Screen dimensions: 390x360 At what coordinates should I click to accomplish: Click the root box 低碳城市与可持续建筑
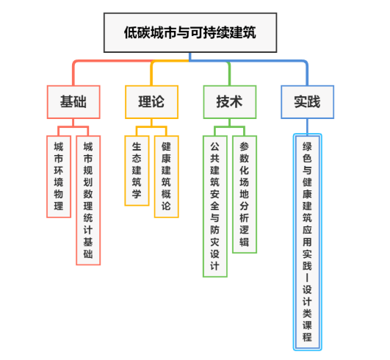[x=190, y=32]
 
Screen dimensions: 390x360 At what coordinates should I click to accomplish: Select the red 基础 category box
[x=73, y=102]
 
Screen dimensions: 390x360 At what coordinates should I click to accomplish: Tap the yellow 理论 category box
[x=152, y=102]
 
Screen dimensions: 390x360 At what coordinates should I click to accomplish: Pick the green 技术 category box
[x=230, y=102]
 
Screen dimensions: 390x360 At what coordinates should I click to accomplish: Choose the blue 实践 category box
[x=308, y=102]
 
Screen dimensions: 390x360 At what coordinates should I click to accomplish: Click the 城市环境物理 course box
[x=59, y=176]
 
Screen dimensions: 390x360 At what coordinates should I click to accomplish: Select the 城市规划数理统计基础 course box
[x=88, y=201]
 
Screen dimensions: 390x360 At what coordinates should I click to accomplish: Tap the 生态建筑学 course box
[x=137, y=170]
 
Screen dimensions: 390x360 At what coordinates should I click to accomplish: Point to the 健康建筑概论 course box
[x=167, y=176]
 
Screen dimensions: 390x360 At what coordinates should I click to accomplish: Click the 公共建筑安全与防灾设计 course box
[x=215, y=206]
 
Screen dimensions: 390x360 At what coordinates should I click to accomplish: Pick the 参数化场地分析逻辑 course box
[x=245, y=194]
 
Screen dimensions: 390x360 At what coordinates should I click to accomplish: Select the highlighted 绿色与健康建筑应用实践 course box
[x=308, y=242]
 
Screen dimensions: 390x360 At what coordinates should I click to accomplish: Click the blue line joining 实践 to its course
[x=308, y=126]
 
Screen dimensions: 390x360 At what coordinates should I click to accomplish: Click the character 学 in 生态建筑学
[x=137, y=194]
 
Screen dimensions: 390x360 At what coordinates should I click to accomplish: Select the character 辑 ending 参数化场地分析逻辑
[x=245, y=242]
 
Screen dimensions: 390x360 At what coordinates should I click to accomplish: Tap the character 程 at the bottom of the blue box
[x=308, y=337]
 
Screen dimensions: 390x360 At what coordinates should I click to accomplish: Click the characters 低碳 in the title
[x=137, y=32]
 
